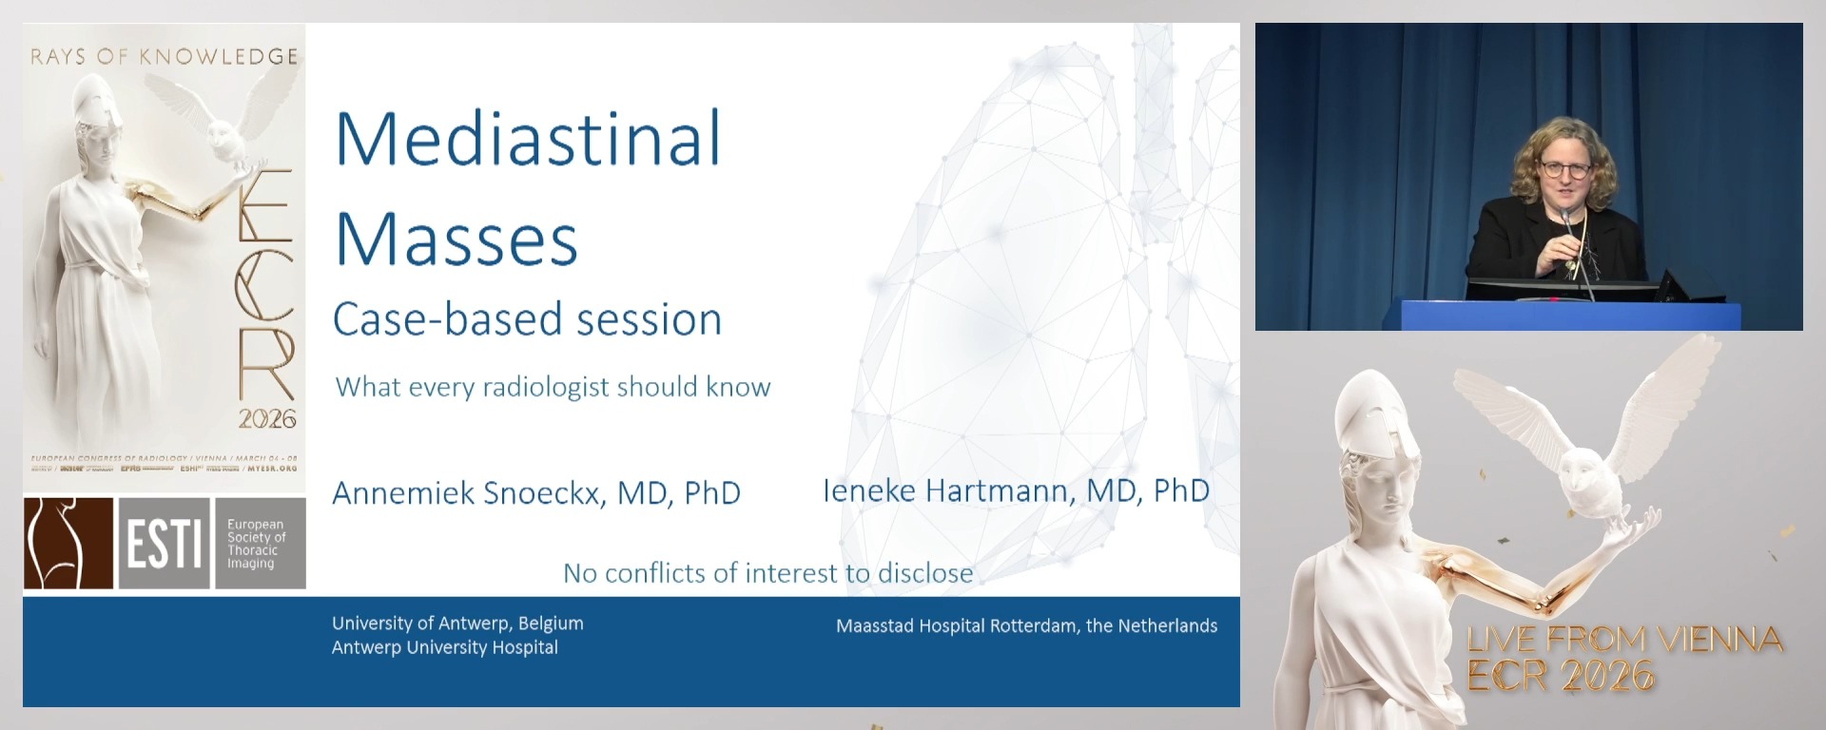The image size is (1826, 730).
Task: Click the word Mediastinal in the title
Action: tap(528, 139)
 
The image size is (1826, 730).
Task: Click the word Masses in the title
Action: tap(456, 239)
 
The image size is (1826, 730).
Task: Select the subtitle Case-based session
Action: tap(527, 319)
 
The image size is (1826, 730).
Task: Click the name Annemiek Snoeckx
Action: tap(535, 492)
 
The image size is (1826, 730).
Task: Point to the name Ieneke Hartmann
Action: tap(1015, 490)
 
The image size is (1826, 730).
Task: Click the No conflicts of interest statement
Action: tap(767, 573)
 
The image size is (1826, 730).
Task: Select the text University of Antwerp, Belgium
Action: tap(457, 624)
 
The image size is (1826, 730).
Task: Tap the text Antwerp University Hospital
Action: tap(444, 647)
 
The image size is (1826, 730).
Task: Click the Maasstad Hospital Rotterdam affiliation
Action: tap(1026, 625)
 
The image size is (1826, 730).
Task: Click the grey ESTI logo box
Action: tap(164, 544)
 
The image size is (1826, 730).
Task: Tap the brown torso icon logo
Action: tap(68, 544)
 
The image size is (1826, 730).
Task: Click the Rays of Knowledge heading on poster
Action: tap(164, 57)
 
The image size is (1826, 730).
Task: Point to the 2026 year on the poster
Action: tap(267, 419)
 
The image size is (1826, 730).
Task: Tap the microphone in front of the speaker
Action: tap(1566, 221)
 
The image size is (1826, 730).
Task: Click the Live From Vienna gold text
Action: tap(1624, 640)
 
